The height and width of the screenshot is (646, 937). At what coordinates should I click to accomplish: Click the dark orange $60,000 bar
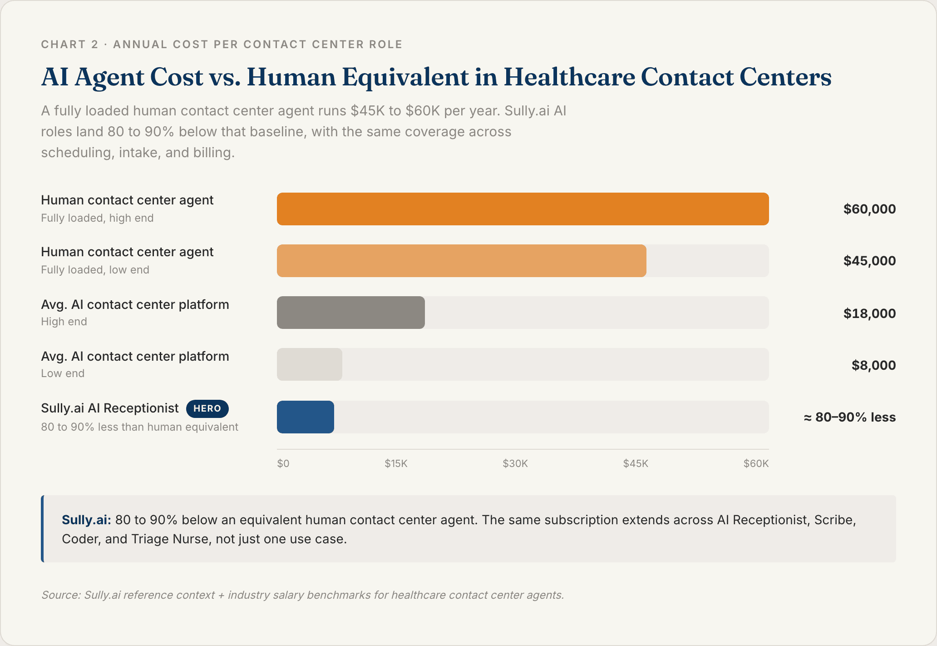(x=523, y=209)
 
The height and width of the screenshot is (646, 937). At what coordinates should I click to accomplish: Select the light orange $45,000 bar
(x=461, y=261)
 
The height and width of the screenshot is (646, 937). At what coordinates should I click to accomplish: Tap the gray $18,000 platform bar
(x=350, y=313)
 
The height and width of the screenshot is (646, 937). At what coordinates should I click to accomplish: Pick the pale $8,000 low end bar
(x=309, y=364)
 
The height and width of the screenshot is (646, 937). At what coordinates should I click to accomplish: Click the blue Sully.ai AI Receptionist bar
(x=305, y=417)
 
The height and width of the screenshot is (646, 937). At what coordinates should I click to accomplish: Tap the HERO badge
(x=207, y=408)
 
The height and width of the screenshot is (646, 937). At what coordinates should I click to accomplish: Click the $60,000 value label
(x=869, y=209)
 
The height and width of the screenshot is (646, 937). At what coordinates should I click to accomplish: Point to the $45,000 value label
(x=869, y=261)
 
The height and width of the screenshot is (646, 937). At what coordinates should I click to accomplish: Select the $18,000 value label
(x=869, y=313)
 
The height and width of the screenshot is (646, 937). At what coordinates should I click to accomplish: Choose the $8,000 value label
(x=873, y=365)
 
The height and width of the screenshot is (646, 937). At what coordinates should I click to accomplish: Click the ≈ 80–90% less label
(x=849, y=417)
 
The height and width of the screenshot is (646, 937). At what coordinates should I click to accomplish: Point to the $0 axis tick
(x=283, y=463)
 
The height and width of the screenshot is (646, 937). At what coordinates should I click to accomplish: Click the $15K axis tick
(x=396, y=463)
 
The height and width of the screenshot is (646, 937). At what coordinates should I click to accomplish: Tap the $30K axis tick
(x=515, y=463)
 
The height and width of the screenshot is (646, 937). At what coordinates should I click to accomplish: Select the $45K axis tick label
(x=635, y=463)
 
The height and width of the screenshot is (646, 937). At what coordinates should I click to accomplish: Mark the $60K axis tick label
(x=755, y=463)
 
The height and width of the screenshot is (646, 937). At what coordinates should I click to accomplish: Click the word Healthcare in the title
(x=569, y=77)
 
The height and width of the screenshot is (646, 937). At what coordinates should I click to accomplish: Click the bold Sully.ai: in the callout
(x=86, y=520)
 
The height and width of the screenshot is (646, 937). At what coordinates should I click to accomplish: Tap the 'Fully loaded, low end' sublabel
(x=95, y=270)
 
